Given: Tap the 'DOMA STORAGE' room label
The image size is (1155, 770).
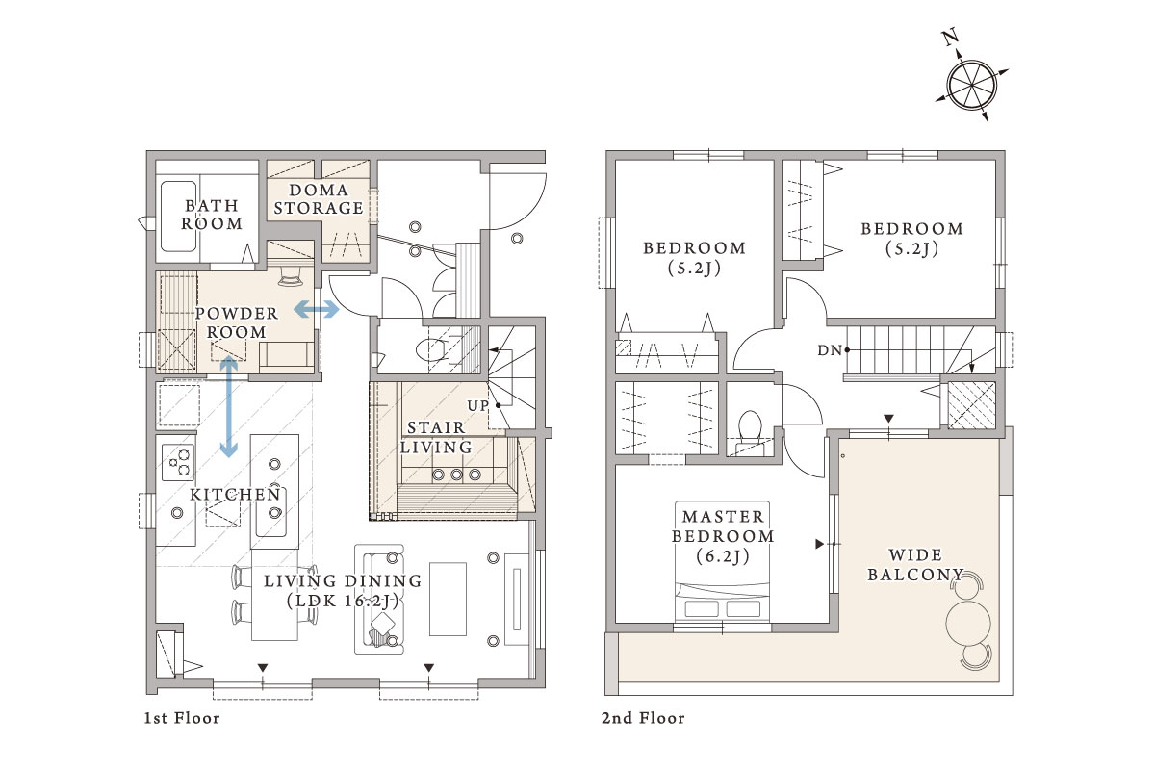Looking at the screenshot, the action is click(x=319, y=199).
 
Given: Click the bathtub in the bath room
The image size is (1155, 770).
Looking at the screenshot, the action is click(x=178, y=217).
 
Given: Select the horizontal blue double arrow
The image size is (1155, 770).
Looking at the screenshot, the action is click(x=317, y=309).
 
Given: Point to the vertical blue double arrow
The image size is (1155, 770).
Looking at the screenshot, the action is click(x=228, y=407).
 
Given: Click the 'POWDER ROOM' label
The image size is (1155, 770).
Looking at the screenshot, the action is click(x=237, y=322).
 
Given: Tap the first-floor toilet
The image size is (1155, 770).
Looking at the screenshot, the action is click(x=434, y=349).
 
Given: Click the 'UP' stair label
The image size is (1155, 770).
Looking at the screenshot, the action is click(x=477, y=406).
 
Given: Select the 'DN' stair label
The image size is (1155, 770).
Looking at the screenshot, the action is click(x=830, y=350).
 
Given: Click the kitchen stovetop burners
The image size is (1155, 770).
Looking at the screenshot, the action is click(x=178, y=462).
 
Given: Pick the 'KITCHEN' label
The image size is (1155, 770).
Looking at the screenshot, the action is click(x=235, y=495).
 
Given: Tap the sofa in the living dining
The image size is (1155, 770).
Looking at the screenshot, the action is click(x=379, y=600).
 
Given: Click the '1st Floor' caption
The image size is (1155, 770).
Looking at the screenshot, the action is click(x=182, y=718).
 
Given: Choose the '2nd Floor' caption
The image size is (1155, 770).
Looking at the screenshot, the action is click(x=643, y=718).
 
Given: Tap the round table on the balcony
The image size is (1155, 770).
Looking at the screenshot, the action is click(x=968, y=623).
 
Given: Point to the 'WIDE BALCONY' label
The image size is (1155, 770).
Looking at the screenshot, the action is click(x=915, y=565).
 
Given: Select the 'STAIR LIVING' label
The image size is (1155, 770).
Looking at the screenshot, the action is click(x=436, y=437).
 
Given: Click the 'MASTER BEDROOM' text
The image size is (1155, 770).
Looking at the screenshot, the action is click(x=723, y=526).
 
